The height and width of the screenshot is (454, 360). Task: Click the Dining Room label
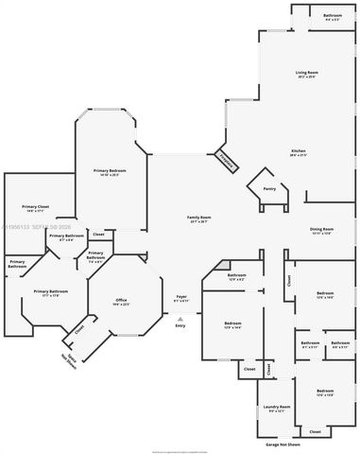(322, 229)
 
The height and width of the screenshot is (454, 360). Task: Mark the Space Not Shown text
(69, 358)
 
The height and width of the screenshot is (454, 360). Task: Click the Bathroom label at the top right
(333, 16)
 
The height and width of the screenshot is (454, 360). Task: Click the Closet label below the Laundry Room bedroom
(315, 431)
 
